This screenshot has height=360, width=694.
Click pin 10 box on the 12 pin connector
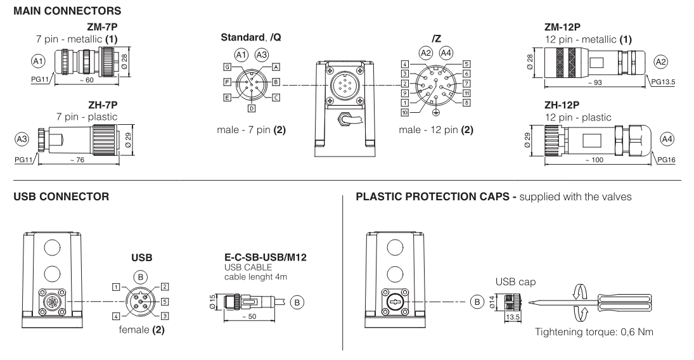(x=404, y=113)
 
